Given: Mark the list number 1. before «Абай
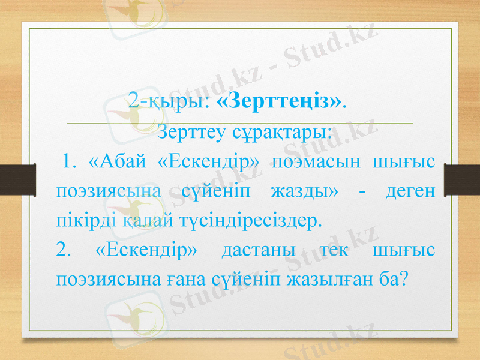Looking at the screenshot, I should point(68,162).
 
